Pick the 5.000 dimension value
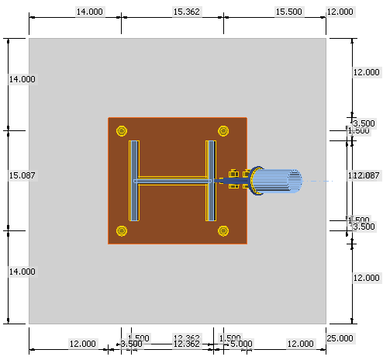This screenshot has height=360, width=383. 241,343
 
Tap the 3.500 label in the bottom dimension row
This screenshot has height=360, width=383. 130,343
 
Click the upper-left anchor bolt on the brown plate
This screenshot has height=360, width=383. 120,130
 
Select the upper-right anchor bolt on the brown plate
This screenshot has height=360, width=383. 223,130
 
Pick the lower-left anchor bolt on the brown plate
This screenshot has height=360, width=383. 120,230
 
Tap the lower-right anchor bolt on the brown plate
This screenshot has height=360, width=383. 223,230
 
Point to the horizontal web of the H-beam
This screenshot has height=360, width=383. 172,182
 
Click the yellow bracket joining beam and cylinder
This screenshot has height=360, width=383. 236,182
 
